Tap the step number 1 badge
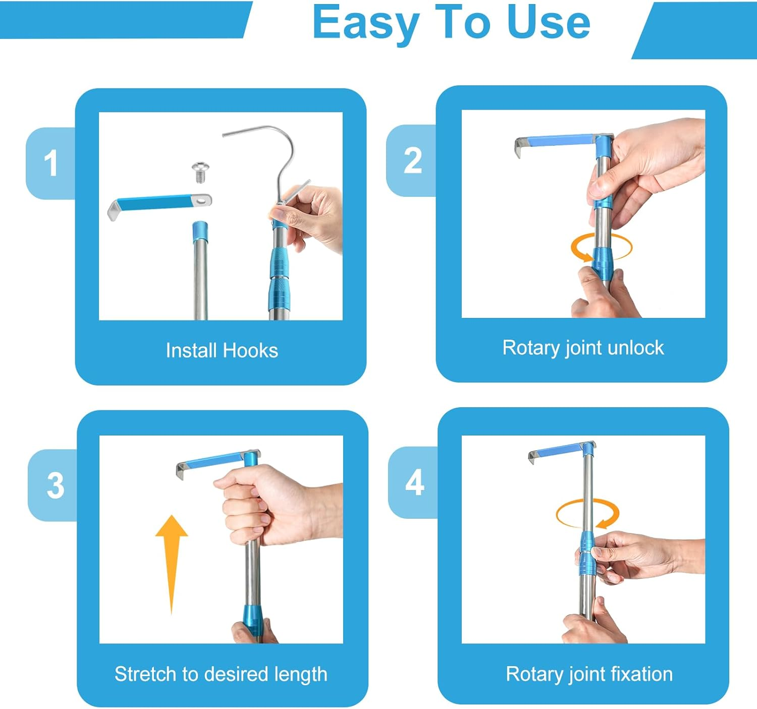point(50,163)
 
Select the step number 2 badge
point(411,160)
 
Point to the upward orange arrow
point(172,564)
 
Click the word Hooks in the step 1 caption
point(250,350)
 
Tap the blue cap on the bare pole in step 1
point(200,232)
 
